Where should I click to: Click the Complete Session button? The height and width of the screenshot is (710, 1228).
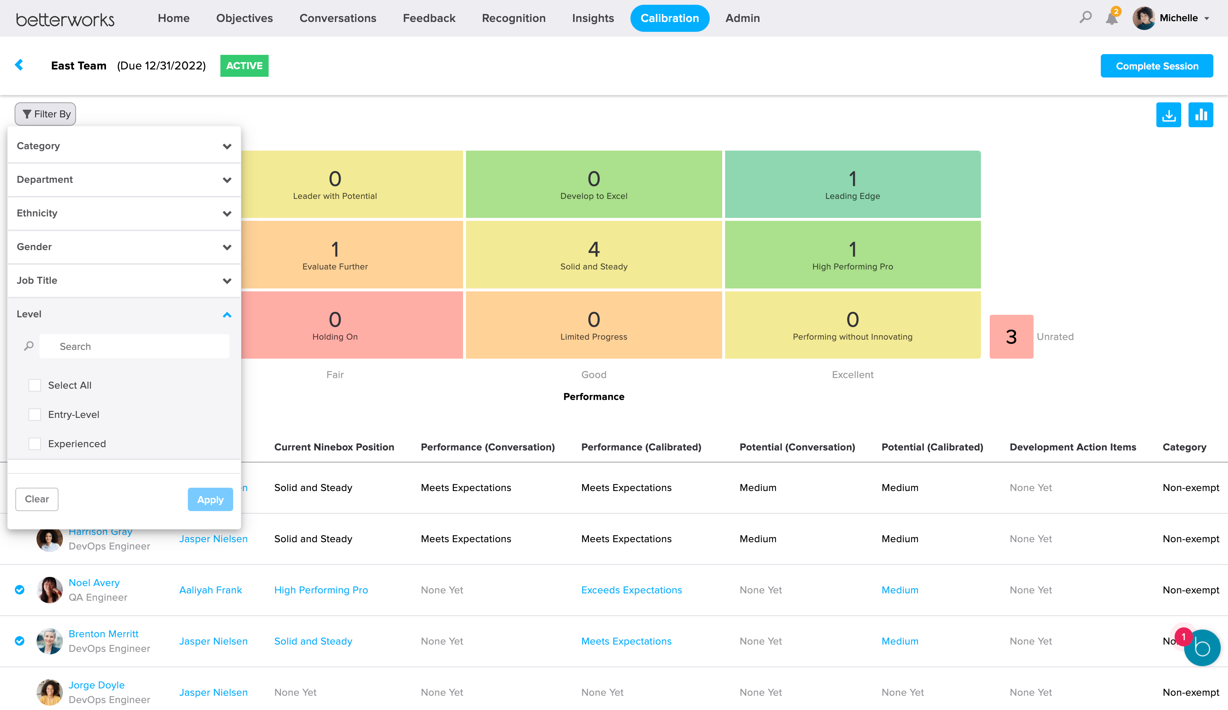click(x=1156, y=66)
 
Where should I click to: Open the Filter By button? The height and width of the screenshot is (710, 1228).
click(x=46, y=114)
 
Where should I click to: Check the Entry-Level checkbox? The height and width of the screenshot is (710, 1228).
click(x=35, y=415)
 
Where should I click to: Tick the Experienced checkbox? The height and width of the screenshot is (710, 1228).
click(x=35, y=444)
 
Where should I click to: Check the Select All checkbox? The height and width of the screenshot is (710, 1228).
click(x=35, y=385)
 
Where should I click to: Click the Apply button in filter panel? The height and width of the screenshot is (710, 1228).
click(x=210, y=499)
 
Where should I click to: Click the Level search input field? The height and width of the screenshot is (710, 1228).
click(x=134, y=346)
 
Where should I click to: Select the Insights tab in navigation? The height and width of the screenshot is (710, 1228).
click(x=592, y=18)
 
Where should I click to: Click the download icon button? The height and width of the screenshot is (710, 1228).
click(x=1168, y=115)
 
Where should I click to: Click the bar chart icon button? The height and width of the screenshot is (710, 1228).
click(x=1200, y=115)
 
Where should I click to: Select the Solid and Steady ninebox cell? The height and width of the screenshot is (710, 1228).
click(x=594, y=254)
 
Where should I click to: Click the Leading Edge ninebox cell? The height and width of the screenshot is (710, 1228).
click(x=852, y=184)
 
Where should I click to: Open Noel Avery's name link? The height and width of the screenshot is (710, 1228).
click(x=94, y=583)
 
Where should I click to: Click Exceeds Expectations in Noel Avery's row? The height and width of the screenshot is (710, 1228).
click(x=632, y=590)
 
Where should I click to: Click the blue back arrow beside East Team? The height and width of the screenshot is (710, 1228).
click(x=19, y=65)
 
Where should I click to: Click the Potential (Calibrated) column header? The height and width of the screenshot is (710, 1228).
click(x=932, y=447)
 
